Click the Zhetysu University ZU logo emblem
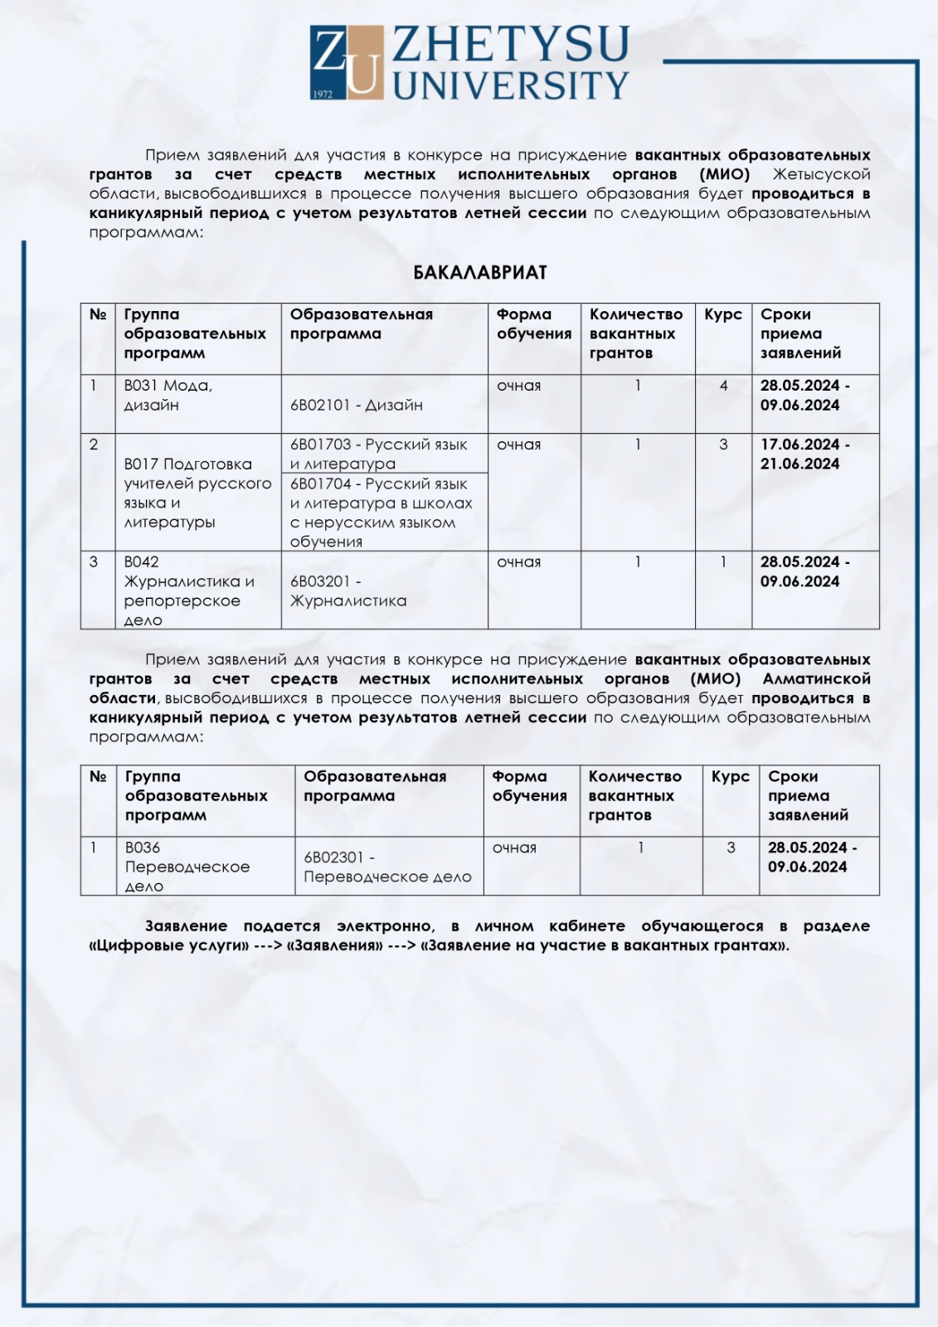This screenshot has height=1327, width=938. (x=347, y=62)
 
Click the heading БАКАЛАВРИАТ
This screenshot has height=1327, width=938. (x=480, y=273)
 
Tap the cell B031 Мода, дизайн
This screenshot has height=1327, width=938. (x=168, y=396)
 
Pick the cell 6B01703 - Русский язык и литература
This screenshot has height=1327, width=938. (x=378, y=454)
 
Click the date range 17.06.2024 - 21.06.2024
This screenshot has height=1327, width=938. (x=804, y=454)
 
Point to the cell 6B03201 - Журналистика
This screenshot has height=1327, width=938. (x=348, y=591)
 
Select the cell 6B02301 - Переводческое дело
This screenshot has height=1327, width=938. (x=387, y=867)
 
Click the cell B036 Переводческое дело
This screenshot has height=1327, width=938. (x=187, y=867)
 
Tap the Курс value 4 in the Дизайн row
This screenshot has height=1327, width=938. (x=723, y=386)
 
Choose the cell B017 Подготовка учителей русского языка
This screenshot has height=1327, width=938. (x=197, y=493)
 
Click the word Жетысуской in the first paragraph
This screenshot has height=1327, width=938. (x=821, y=174)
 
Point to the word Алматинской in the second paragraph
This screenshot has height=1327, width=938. (x=816, y=679)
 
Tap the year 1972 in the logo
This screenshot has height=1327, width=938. (x=323, y=94)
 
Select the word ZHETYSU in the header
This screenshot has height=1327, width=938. (x=510, y=45)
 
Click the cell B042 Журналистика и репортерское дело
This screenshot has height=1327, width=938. (x=189, y=591)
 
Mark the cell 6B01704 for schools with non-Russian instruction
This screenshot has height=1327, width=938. (x=381, y=513)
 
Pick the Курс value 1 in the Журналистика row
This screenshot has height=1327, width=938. (x=723, y=562)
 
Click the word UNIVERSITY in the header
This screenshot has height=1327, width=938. (x=511, y=85)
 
